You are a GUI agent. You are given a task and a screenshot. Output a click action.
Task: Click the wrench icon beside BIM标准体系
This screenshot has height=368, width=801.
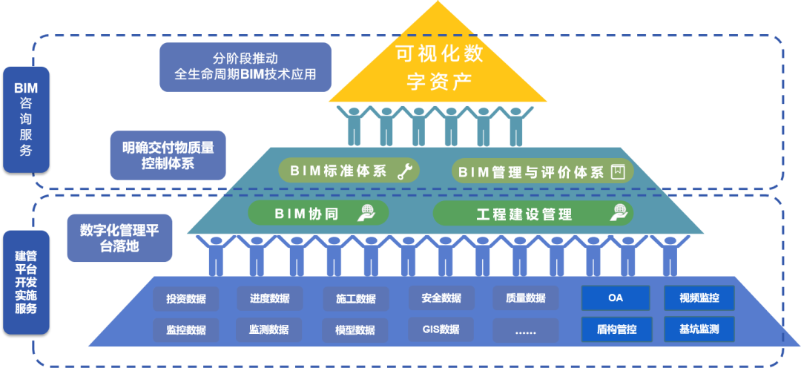coord(405,171)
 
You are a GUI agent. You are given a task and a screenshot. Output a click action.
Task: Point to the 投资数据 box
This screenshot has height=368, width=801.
coord(186,298)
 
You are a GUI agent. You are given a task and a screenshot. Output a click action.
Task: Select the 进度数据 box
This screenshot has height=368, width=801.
coord(269,298)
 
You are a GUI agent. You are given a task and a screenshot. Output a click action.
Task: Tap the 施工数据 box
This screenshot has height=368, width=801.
coord(355,299)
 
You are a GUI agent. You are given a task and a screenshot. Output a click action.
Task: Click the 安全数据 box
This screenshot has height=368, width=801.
coord(441,298)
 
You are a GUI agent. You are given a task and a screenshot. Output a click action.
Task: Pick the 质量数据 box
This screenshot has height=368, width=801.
coord(526,298)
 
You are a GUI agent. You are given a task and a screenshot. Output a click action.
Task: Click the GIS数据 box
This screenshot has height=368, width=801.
coord(441,329)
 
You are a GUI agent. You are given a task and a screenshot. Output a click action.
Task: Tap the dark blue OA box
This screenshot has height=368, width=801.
coord(615,298)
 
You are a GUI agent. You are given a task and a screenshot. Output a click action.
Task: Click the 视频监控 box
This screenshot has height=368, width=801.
coord(699,298)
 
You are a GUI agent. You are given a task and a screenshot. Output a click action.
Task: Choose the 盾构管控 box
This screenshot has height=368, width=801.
coord(616,329)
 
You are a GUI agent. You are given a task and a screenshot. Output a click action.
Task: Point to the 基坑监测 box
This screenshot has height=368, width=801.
coord(699,328)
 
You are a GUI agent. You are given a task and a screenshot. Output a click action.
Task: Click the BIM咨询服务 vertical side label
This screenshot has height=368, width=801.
coord(26,119)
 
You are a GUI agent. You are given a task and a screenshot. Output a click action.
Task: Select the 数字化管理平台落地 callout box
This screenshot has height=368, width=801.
coord(119,238)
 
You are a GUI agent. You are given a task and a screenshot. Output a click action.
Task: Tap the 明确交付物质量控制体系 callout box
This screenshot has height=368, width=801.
coord(168,156)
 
